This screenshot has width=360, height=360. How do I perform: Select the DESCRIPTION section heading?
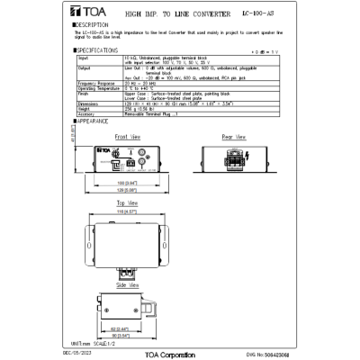[93, 25]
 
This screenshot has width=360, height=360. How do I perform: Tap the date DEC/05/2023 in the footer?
[88, 355]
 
